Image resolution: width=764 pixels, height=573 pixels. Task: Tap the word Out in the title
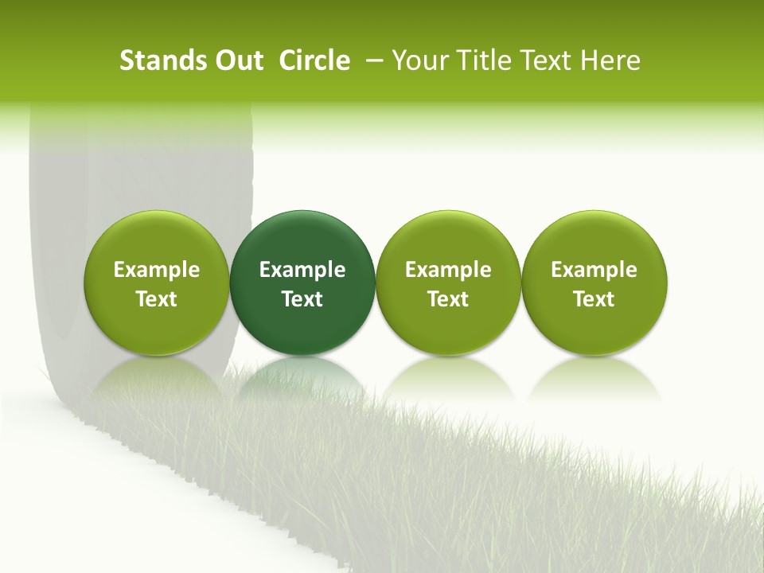[x=237, y=60]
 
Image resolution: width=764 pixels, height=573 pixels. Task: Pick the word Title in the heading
[x=482, y=60]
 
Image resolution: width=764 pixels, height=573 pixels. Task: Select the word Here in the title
[x=611, y=60]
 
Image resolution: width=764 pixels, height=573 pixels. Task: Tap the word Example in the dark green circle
[x=302, y=270]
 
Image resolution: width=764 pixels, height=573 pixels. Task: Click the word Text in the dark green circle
[x=302, y=299]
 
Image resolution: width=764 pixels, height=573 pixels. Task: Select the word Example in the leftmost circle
[x=157, y=270]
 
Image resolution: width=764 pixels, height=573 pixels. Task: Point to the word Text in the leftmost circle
[x=157, y=299]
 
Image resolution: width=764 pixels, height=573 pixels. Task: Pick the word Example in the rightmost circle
[x=594, y=270]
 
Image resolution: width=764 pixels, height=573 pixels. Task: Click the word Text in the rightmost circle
[x=594, y=299]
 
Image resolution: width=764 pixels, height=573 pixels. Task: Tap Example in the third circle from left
[x=448, y=270]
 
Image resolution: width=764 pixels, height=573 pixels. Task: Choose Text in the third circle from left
[x=448, y=299]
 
